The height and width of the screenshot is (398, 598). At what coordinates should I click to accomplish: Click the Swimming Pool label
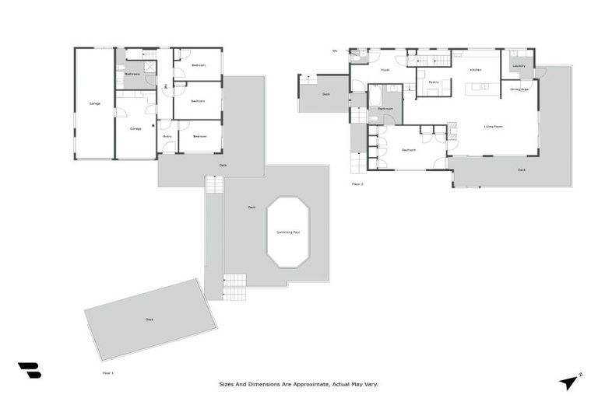click(288, 232)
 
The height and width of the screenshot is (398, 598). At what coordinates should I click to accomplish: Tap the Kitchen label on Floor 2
click(476, 70)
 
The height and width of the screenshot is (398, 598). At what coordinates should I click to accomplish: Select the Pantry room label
click(434, 82)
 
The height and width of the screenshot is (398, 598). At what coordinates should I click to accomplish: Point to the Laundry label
click(519, 66)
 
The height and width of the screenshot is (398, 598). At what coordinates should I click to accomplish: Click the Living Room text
click(493, 126)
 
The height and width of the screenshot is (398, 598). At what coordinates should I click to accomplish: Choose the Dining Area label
click(519, 89)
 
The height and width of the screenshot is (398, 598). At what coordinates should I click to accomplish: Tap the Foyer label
click(385, 70)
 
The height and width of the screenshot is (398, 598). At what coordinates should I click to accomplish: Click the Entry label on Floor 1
click(167, 136)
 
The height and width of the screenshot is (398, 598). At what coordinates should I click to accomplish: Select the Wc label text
click(335, 51)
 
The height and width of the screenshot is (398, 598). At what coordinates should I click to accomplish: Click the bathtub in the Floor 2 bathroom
click(376, 97)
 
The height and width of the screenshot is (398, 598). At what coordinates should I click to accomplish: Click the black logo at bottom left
click(29, 371)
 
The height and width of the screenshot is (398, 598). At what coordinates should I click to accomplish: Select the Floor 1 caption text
click(108, 373)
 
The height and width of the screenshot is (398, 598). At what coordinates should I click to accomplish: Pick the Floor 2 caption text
click(357, 184)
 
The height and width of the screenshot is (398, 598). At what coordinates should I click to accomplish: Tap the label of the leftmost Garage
click(94, 103)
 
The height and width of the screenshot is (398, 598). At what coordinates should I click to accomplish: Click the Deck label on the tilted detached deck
click(149, 319)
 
